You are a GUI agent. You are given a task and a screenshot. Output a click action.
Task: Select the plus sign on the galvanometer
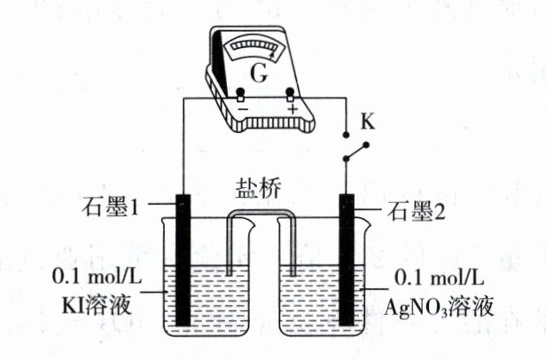tap(292, 110)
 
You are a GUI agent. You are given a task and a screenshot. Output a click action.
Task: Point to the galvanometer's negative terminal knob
tap(239, 93)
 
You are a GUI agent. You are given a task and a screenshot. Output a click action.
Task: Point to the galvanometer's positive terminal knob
tap(290, 93)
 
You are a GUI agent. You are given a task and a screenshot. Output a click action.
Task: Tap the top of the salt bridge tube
tap(260, 214)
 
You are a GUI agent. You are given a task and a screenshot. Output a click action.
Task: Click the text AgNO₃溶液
tap(440, 306)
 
